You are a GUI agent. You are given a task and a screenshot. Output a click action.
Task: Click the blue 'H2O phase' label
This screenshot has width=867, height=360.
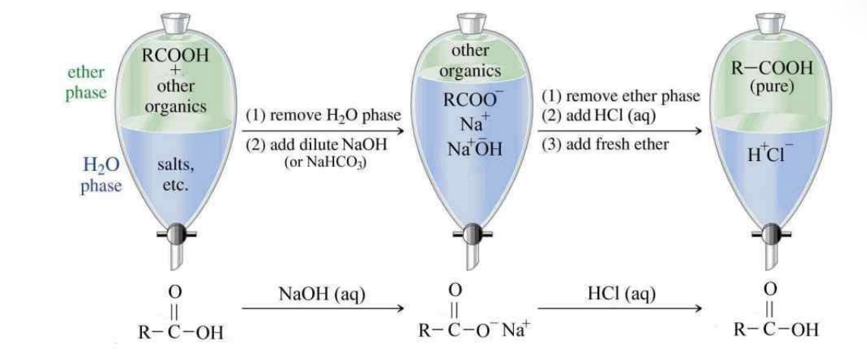[x=102, y=174]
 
